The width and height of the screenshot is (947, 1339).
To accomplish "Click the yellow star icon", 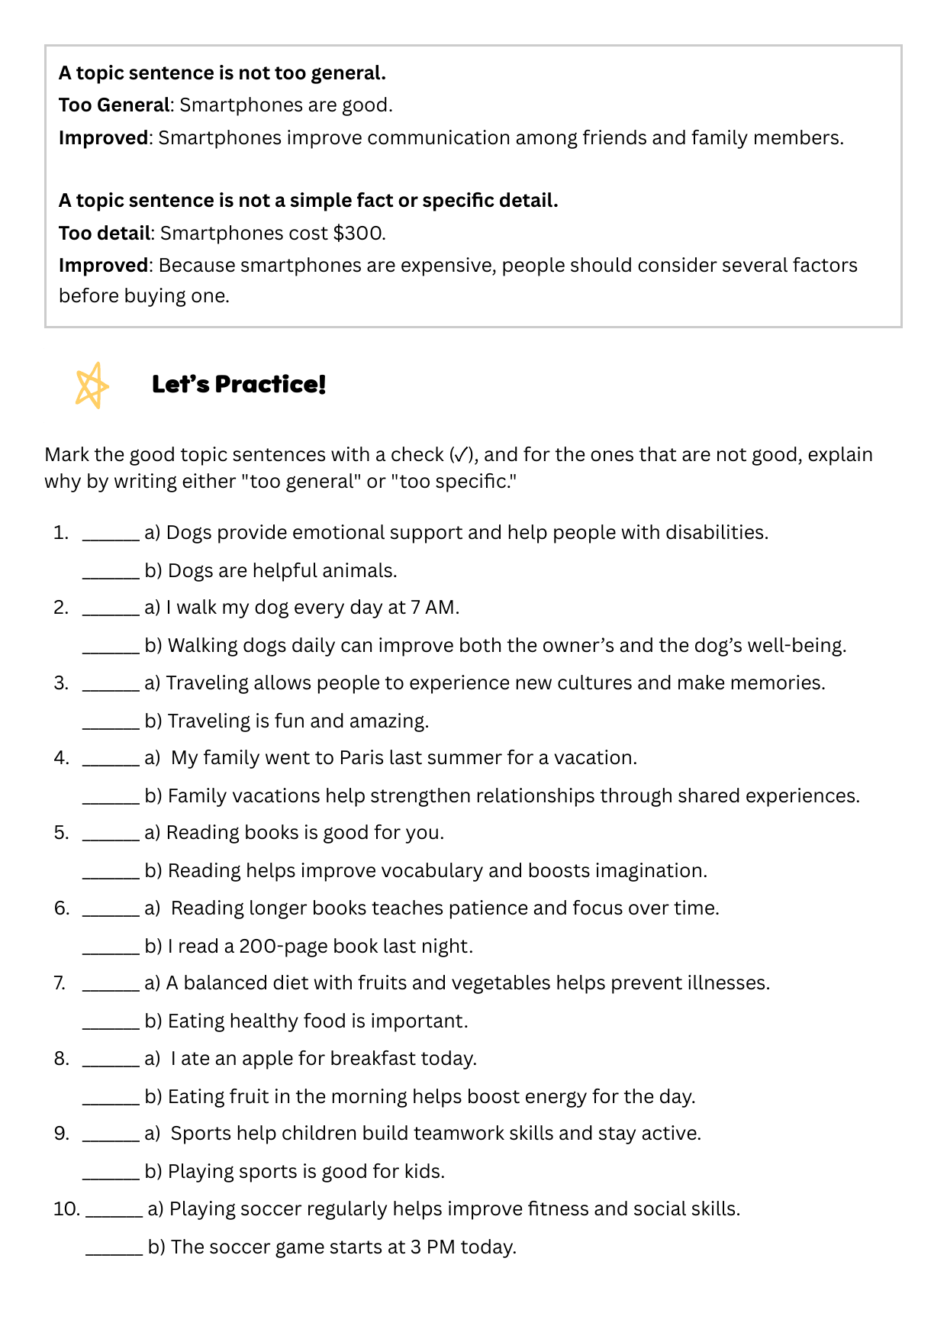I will point(92,385).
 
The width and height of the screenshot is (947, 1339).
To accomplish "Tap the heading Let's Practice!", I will point(239,384).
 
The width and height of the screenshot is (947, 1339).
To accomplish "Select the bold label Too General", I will point(114,105).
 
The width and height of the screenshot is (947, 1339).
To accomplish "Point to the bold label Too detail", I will point(104,233).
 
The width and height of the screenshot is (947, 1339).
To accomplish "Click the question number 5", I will point(61,833).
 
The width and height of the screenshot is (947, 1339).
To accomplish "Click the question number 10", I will point(66,1209).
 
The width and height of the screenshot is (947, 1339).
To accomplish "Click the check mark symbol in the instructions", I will point(462,455).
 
